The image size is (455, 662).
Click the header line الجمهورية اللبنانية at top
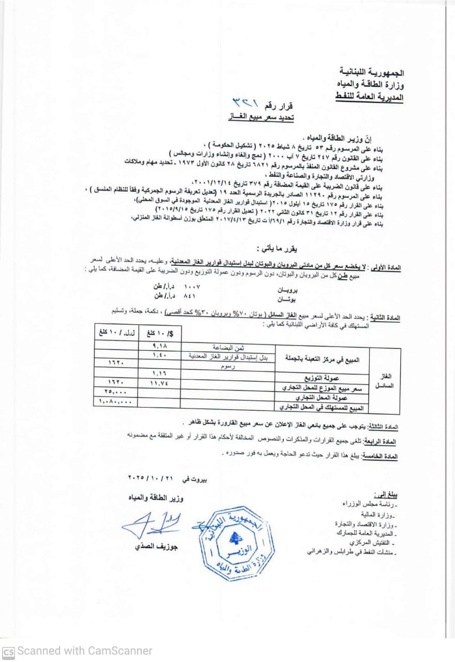point(372,71)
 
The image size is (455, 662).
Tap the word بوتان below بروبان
point(288,299)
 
